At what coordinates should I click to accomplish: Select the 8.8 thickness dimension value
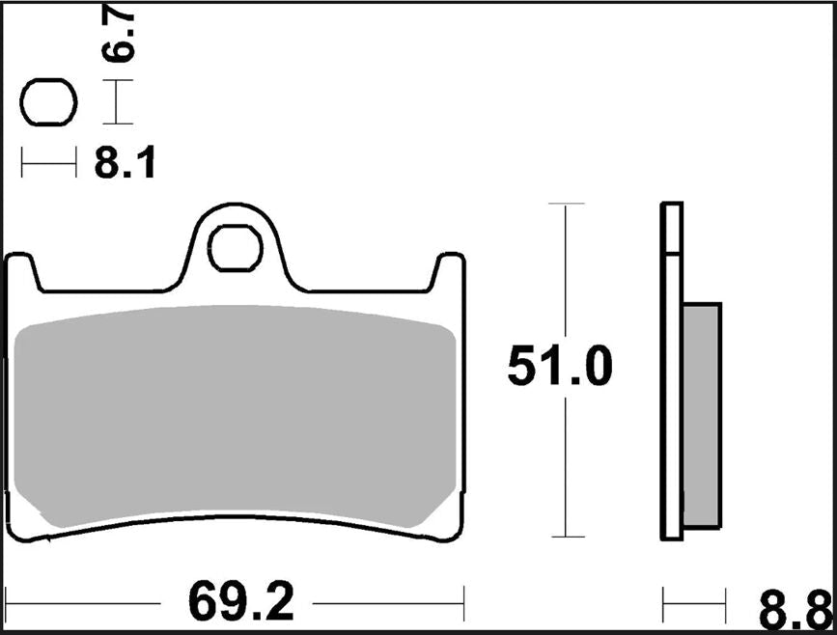click(x=794, y=611)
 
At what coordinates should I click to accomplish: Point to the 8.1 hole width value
click(x=125, y=165)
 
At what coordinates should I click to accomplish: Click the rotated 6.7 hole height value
click(x=122, y=38)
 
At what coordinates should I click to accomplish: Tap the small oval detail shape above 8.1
click(x=48, y=102)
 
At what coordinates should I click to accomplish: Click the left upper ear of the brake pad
click(x=23, y=270)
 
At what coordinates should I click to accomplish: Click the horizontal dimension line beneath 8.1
click(x=48, y=165)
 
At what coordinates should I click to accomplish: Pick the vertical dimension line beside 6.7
click(x=117, y=102)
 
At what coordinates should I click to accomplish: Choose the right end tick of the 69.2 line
click(x=465, y=604)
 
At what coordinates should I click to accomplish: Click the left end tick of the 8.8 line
click(x=663, y=605)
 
